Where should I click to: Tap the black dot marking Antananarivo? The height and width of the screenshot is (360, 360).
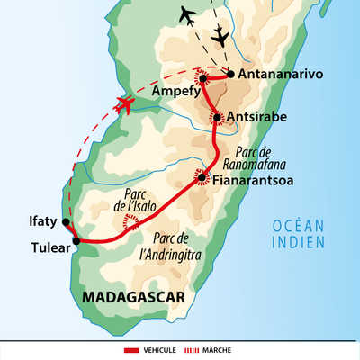231,74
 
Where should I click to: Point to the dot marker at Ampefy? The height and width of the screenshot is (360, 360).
203,79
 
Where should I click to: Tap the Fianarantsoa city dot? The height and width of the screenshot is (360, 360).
203,177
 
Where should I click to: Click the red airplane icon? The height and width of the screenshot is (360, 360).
125,106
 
